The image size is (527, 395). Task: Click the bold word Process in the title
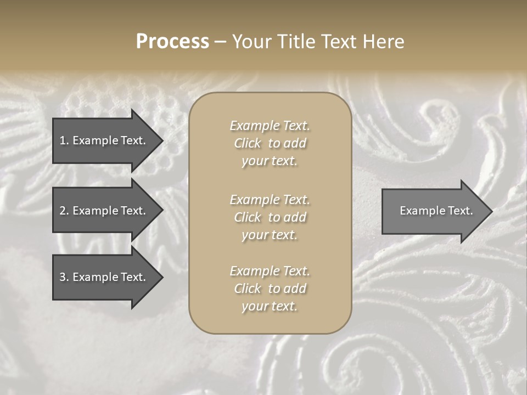[172, 42]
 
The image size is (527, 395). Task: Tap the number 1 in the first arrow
[63, 140]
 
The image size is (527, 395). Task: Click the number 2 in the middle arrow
[63, 211]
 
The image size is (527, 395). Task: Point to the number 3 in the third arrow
[63, 277]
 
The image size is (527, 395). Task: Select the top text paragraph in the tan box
[270, 143]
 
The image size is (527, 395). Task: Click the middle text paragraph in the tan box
[270, 217]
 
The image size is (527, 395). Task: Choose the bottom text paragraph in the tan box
[270, 289]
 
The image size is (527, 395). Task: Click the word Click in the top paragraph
[248, 143]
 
